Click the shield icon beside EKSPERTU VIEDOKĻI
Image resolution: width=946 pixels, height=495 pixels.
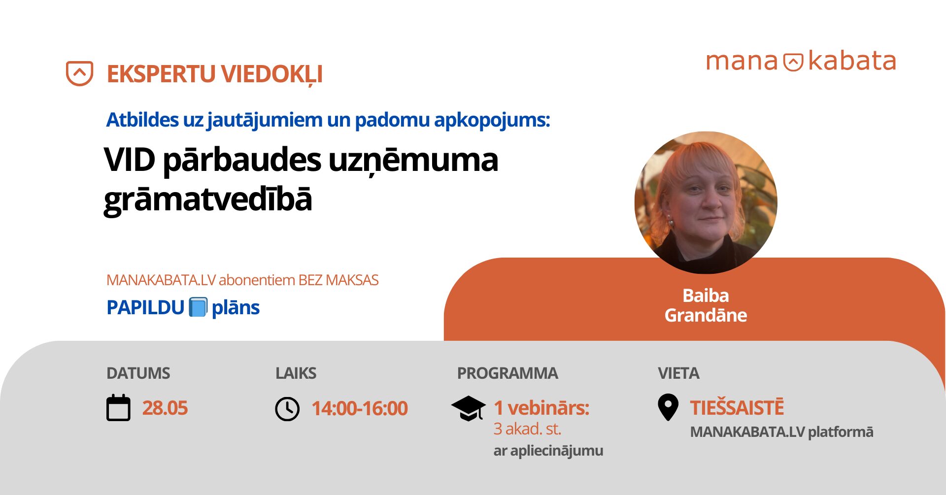(x=79, y=73)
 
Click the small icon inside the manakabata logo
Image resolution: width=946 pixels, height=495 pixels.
(x=793, y=62)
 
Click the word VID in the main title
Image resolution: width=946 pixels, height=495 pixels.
(x=130, y=160)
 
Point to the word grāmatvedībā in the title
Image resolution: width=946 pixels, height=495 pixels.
(x=208, y=199)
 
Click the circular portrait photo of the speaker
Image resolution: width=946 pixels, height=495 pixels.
(x=706, y=202)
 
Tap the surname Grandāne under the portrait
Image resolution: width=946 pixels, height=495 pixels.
(x=706, y=315)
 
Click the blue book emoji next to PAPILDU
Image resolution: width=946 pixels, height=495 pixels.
(x=198, y=307)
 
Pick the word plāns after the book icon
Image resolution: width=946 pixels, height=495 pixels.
(x=236, y=308)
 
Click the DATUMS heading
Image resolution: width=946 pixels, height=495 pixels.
(x=138, y=373)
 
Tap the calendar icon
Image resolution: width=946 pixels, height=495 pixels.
(x=119, y=408)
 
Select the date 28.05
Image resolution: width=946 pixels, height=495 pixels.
(x=165, y=408)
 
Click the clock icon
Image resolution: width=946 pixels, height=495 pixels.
(x=287, y=409)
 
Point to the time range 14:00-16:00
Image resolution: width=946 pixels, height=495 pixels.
(x=360, y=408)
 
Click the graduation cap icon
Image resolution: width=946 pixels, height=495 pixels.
(x=469, y=408)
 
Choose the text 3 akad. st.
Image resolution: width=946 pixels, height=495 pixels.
(x=527, y=429)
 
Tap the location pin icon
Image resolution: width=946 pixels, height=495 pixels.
(x=668, y=407)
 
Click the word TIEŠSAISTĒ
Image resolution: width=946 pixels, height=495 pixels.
(x=737, y=407)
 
